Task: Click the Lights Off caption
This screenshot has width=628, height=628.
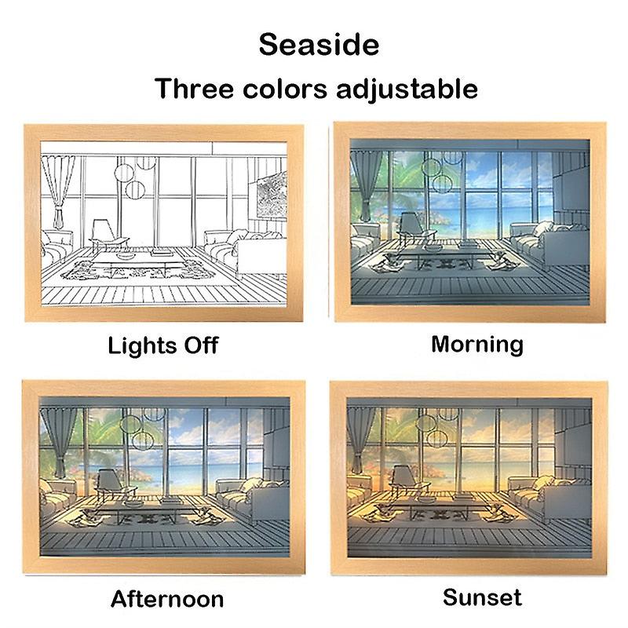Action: (x=162, y=345)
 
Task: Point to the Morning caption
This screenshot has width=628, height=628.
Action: (x=476, y=343)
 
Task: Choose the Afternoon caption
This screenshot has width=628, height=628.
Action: (x=167, y=600)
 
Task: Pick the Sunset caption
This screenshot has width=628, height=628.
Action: (x=482, y=597)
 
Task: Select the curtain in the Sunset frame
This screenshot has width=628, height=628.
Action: (x=363, y=440)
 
